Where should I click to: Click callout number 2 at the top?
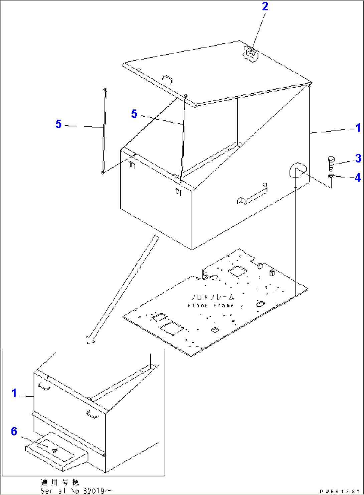click(265, 6)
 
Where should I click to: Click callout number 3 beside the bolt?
click(358, 158)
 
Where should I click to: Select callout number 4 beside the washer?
click(358, 177)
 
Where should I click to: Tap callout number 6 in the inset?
click(14, 431)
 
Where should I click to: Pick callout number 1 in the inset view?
click(14, 393)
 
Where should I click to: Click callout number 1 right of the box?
click(358, 128)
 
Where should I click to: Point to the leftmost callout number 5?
click(58, 124)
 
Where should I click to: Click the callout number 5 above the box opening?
click(134, 114)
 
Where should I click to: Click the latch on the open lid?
click(251, 54)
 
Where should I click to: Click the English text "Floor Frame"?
click(211, 305)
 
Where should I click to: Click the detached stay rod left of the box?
click(104, 130)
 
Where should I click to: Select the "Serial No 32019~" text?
click(76, 491)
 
